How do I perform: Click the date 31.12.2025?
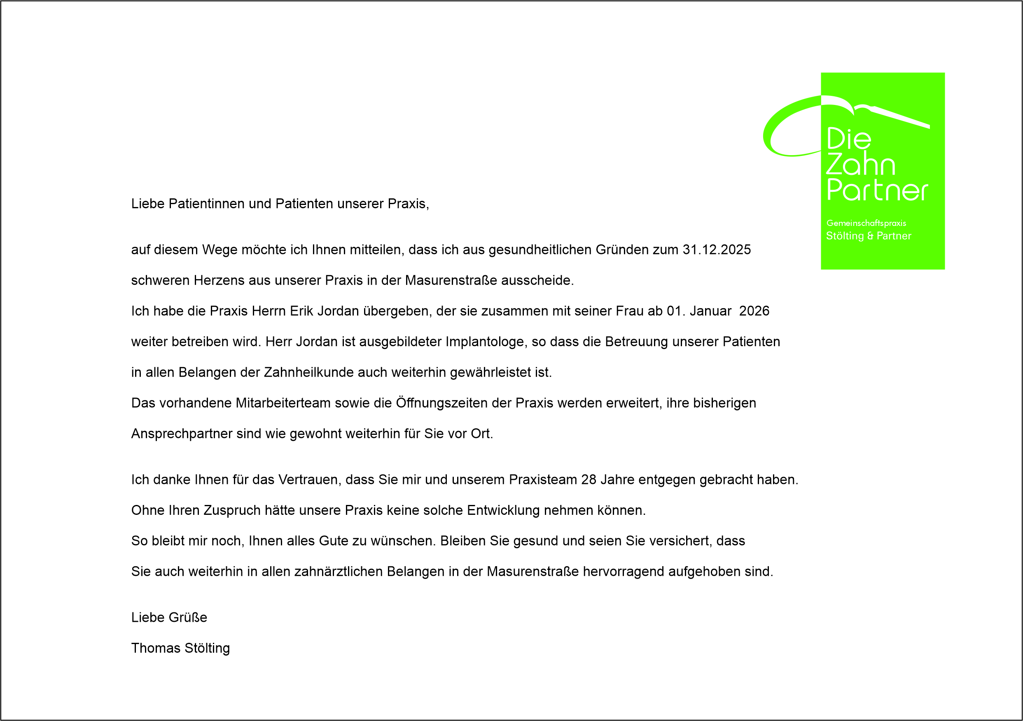[x=717, y=250]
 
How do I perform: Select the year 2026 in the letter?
[x=754, y=311]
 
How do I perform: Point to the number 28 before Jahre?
[x=589, y=479]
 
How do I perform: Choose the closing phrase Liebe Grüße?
[x=169, y=618]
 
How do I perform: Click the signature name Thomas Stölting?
[x=180, y=649]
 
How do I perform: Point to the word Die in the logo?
[x=849, y=139]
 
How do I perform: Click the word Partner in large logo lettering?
[x=877, y=190]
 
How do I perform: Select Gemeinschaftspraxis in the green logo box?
[x=866, y=223]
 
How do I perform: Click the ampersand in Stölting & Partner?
[x=870, y=236]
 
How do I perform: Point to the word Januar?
[x=710, y=311]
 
